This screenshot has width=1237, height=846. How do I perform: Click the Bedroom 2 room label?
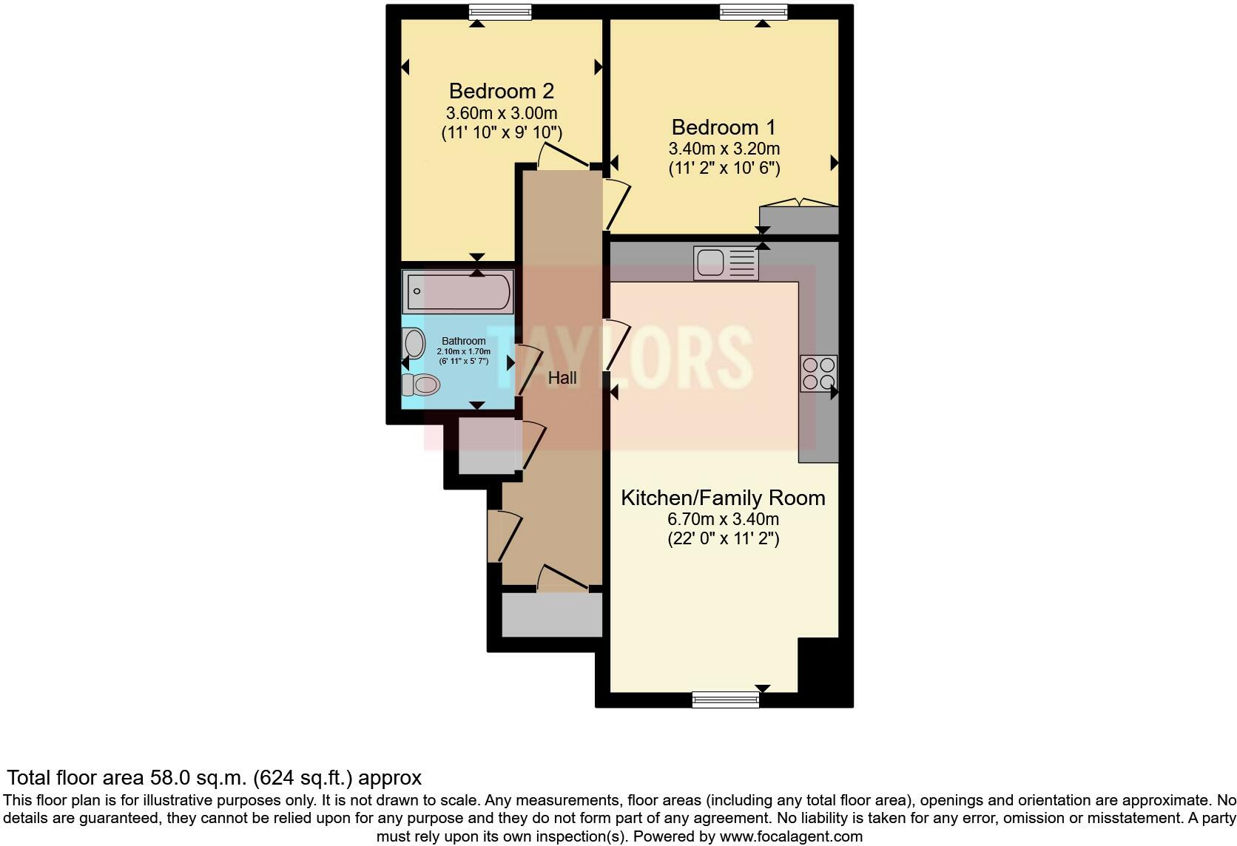click(501, 91)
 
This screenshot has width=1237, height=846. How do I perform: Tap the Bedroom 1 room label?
click(724, 126)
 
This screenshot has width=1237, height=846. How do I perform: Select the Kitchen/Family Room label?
click(723, 498)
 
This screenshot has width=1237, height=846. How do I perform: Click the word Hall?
click(562, 378)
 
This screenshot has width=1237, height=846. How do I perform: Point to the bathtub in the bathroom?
click(457, 291)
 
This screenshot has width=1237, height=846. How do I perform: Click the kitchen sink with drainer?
click(726, 263)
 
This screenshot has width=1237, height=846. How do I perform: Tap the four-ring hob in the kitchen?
click(818, 373)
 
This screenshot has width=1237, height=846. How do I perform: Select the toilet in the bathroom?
click(420, 385)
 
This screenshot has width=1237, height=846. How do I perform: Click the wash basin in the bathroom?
click(414, 344)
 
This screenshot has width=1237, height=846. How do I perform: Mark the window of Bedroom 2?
click(501, 12)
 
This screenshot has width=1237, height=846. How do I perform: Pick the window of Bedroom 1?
click(753, 12)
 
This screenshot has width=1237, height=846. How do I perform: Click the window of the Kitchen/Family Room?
click(725, 699)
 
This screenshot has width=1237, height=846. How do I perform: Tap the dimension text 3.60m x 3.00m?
click(501, 113)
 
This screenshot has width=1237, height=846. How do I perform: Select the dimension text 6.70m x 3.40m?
click(723, 519)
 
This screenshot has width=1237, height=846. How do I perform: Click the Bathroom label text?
click(463, 341)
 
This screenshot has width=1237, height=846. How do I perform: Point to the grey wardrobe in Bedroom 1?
click(798, 220)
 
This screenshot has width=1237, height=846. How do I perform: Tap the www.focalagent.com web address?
click(790, 836)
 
